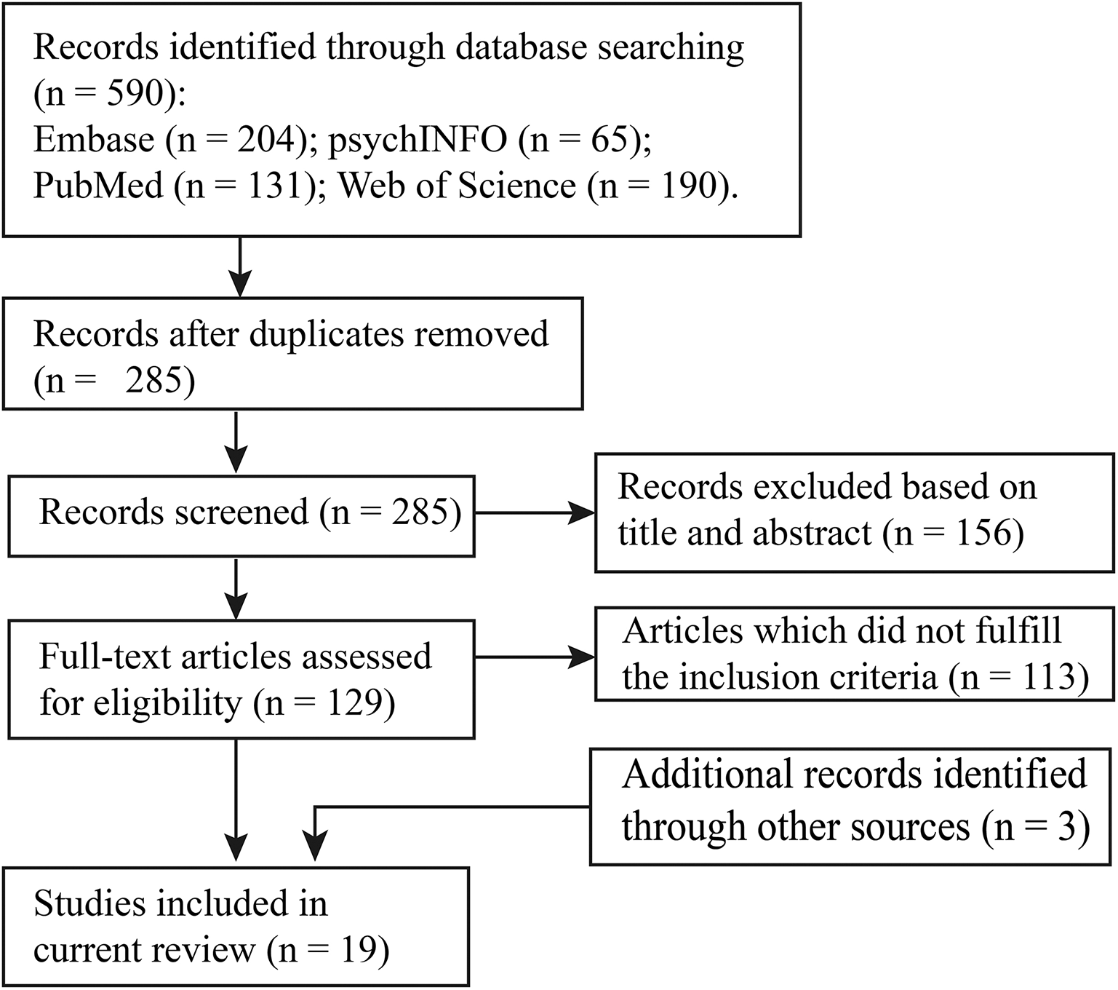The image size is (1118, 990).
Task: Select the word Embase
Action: (x=94, y=139)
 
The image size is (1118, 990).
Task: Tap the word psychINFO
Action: (x=417, y=139)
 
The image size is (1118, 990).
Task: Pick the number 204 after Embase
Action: (x=270, y=139)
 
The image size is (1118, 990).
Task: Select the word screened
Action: (x=241, y=512)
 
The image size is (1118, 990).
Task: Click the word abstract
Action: (x=812, y=533)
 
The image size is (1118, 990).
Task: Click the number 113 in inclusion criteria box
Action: (x=1041, y=677)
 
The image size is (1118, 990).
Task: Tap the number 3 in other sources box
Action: (x=1066, y=827)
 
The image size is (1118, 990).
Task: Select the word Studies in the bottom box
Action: (x=89, y=904)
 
